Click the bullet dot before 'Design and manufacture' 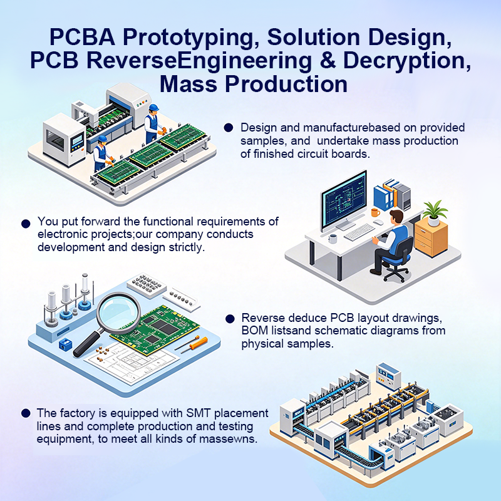click(229, 128)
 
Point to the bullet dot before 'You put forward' click(26, 224)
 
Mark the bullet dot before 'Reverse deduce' click(230, 319)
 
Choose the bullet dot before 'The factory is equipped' click(26, 413)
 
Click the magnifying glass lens click(118, 311)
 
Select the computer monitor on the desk click(344, 200)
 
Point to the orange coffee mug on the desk click(375, 212)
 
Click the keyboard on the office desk click(359, 232)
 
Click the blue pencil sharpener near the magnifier click(65, 344)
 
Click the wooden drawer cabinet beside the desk click(431, 236)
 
